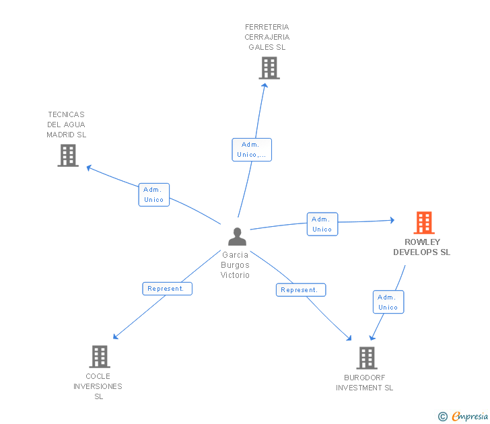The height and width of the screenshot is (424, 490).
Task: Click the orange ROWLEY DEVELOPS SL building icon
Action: point(424,223)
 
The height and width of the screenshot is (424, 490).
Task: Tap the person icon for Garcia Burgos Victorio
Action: point(237,236)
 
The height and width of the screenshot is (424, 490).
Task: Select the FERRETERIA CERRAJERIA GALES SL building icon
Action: point(269,68)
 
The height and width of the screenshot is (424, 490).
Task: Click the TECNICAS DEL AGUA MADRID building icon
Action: point(68,155)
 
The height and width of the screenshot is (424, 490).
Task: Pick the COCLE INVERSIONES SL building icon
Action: point(100,357)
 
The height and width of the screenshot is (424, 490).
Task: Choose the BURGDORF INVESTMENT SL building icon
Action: point(367,358)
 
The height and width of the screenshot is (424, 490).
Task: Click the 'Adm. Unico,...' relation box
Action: point(252,149)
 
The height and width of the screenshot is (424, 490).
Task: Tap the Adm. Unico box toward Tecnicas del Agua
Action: point(153,195)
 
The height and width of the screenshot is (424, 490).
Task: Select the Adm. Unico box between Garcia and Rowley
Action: point(322,224)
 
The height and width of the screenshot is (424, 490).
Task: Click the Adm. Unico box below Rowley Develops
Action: point(388,302)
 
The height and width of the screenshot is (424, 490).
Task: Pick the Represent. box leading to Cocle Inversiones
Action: point(167,289)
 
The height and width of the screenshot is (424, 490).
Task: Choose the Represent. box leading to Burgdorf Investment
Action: point(301,290)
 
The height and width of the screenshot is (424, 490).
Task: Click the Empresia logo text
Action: point(470,416)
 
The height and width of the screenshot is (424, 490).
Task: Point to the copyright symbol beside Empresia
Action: point(443,417)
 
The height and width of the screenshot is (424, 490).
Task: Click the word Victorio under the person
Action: point(235,275)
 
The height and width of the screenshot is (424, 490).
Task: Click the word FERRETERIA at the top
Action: point(267,27)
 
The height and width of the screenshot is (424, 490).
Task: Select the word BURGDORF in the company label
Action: point(364,378)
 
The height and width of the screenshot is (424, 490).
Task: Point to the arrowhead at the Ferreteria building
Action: point(265,85)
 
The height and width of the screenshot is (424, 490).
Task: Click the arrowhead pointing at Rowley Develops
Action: point(392,220)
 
